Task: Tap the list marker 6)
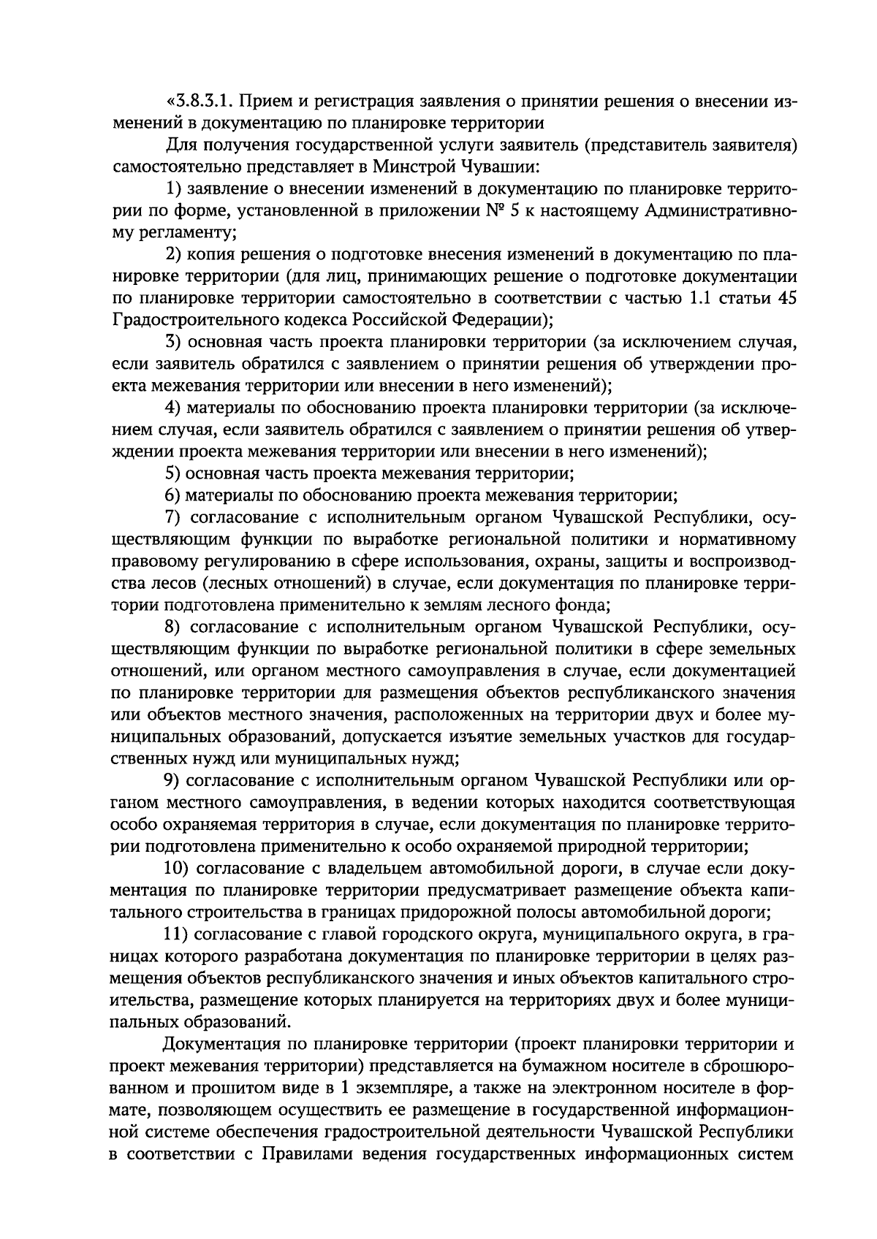(x=173, y=495)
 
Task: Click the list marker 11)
(x=178, y=934)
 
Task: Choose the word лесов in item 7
(x=167, y=583)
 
